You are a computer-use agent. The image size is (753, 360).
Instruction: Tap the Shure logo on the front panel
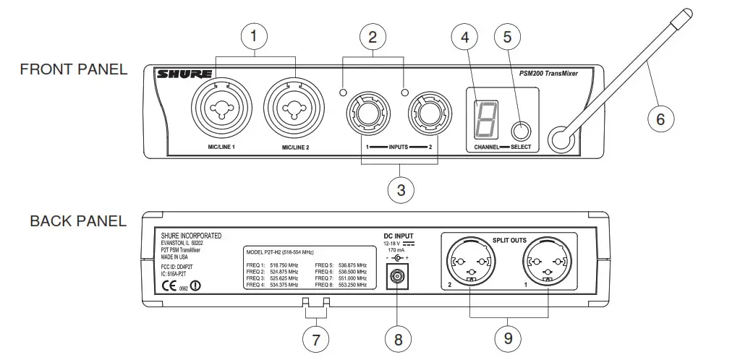[x=185, y=74]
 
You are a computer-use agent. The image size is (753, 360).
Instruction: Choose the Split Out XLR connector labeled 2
[x=471, y=261]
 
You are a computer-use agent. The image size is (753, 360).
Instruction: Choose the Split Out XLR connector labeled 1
[x=548, y=261]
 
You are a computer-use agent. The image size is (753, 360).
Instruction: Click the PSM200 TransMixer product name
[x=552, y=73]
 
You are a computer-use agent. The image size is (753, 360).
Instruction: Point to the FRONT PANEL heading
[x=74, y=69]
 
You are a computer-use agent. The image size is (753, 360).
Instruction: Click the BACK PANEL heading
[x=78, y=221]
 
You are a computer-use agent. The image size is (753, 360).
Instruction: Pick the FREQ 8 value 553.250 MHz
[x=354, y=286]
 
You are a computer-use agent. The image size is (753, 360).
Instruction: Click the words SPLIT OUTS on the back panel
[x=510, y=239]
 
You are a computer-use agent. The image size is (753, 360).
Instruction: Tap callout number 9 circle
[x=507, y=338]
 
